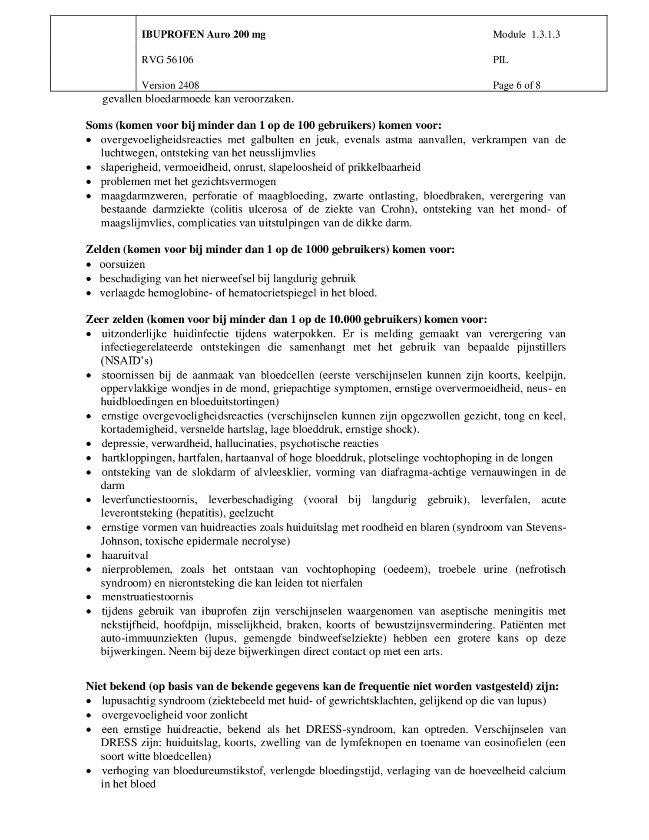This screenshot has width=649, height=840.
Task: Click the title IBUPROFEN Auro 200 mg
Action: (203, 35)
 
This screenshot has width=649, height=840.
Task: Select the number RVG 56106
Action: (167, 60)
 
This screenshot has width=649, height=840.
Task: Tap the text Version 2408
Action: (170, 85)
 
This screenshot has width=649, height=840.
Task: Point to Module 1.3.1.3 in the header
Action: (526, 35)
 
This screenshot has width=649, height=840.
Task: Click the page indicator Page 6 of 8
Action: (517, 85)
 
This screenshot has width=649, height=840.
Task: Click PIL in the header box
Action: (500, 60)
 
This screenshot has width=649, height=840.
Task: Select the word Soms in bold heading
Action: (99, 126)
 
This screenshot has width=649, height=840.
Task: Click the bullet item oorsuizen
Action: (122, 265)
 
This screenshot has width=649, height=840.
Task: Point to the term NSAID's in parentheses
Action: (126, 361)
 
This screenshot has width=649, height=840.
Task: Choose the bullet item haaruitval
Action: (125, 556)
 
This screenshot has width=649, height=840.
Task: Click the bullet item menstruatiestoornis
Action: (147, 597)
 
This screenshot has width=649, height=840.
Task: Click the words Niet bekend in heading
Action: (115, 687)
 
